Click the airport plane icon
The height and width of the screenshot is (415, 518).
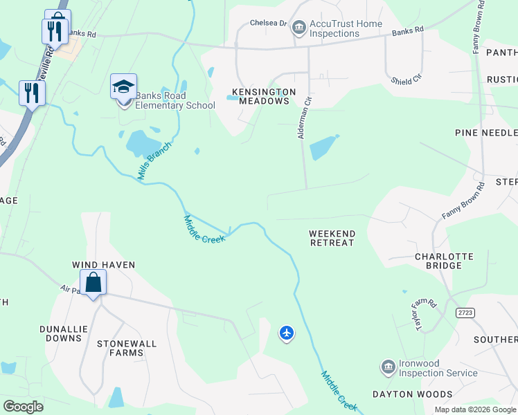[287, 333]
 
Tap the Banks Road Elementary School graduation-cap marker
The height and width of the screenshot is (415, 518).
[123, 88]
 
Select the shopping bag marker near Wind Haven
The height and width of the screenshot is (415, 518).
[93, 283]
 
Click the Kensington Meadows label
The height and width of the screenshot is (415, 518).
[264, 96]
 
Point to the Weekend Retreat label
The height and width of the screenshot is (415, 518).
[332, 238]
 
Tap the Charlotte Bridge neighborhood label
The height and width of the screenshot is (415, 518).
[443, 261]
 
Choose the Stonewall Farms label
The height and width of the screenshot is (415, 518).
[127, 348]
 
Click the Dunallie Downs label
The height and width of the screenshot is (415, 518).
[64, 333]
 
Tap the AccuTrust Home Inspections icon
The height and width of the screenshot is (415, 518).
[299, 28]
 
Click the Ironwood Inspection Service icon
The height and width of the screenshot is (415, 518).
[388, 366]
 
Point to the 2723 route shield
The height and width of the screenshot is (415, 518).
[466, 313]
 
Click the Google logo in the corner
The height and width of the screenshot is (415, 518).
[24, 407]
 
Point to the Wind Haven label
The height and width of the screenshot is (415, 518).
[104, 265]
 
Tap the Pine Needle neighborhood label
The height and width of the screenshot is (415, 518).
[485, 132]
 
